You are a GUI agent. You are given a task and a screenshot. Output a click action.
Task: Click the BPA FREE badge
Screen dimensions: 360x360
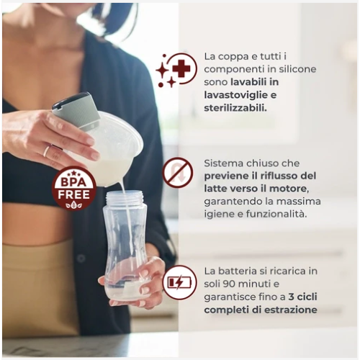coord(74,188)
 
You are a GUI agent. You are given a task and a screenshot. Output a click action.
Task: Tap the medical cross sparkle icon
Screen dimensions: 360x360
coord(176,70)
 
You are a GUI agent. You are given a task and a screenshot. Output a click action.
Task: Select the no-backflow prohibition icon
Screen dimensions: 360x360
coord(178,173)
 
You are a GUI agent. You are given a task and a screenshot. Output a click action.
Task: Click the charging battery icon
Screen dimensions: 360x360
coord(179,283)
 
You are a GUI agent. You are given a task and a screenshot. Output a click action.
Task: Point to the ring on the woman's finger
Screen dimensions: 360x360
coord(47,151)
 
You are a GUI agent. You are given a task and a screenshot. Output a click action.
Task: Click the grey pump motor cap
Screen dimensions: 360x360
coord(76,111)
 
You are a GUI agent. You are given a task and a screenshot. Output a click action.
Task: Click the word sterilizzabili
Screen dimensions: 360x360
coord(235,108)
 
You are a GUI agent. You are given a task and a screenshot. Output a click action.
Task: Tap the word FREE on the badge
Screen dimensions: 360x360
coord(74,194)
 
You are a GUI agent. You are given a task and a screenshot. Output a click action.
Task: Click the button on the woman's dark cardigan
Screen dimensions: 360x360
coord(81,258)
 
